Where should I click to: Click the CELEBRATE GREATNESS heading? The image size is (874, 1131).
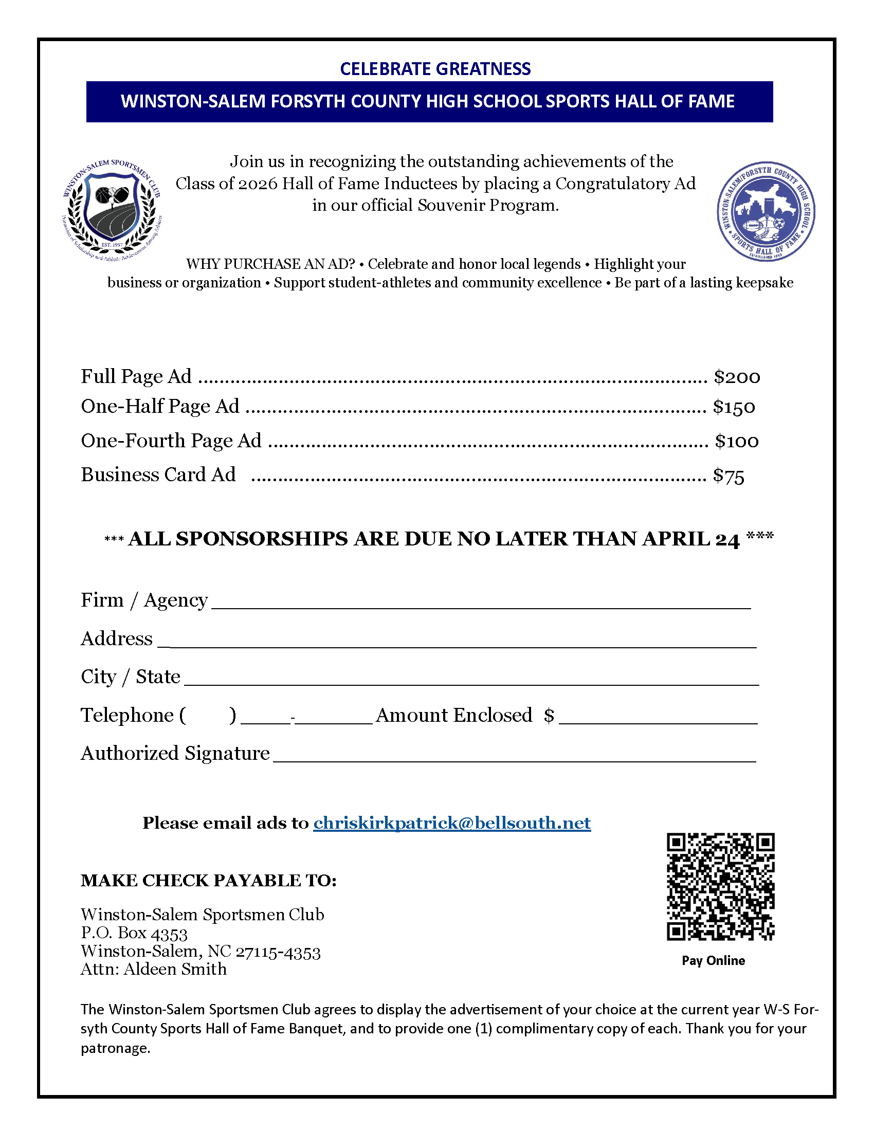pos(435,69)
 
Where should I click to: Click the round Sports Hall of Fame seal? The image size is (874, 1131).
pos(766,211)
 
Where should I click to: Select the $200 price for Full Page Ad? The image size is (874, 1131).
pos(736,377)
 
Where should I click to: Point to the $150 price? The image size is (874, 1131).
pos(734,407)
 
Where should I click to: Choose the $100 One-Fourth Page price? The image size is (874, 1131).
pos(736,441)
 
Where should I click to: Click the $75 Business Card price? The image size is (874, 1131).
pos(728,476)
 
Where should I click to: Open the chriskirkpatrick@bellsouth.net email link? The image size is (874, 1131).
pos(451,823)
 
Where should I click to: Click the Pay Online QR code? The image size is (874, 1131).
pos(720,886)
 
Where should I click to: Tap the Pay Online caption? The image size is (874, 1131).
pos(713,961)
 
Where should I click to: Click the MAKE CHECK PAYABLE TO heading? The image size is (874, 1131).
pos(209,880)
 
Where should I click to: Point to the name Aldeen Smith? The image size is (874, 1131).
pos(175,969)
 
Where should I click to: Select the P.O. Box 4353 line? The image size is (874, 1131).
pos(134,933)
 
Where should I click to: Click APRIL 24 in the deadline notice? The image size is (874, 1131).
pos(690,539)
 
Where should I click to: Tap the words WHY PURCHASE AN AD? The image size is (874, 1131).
pos(270,264)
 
